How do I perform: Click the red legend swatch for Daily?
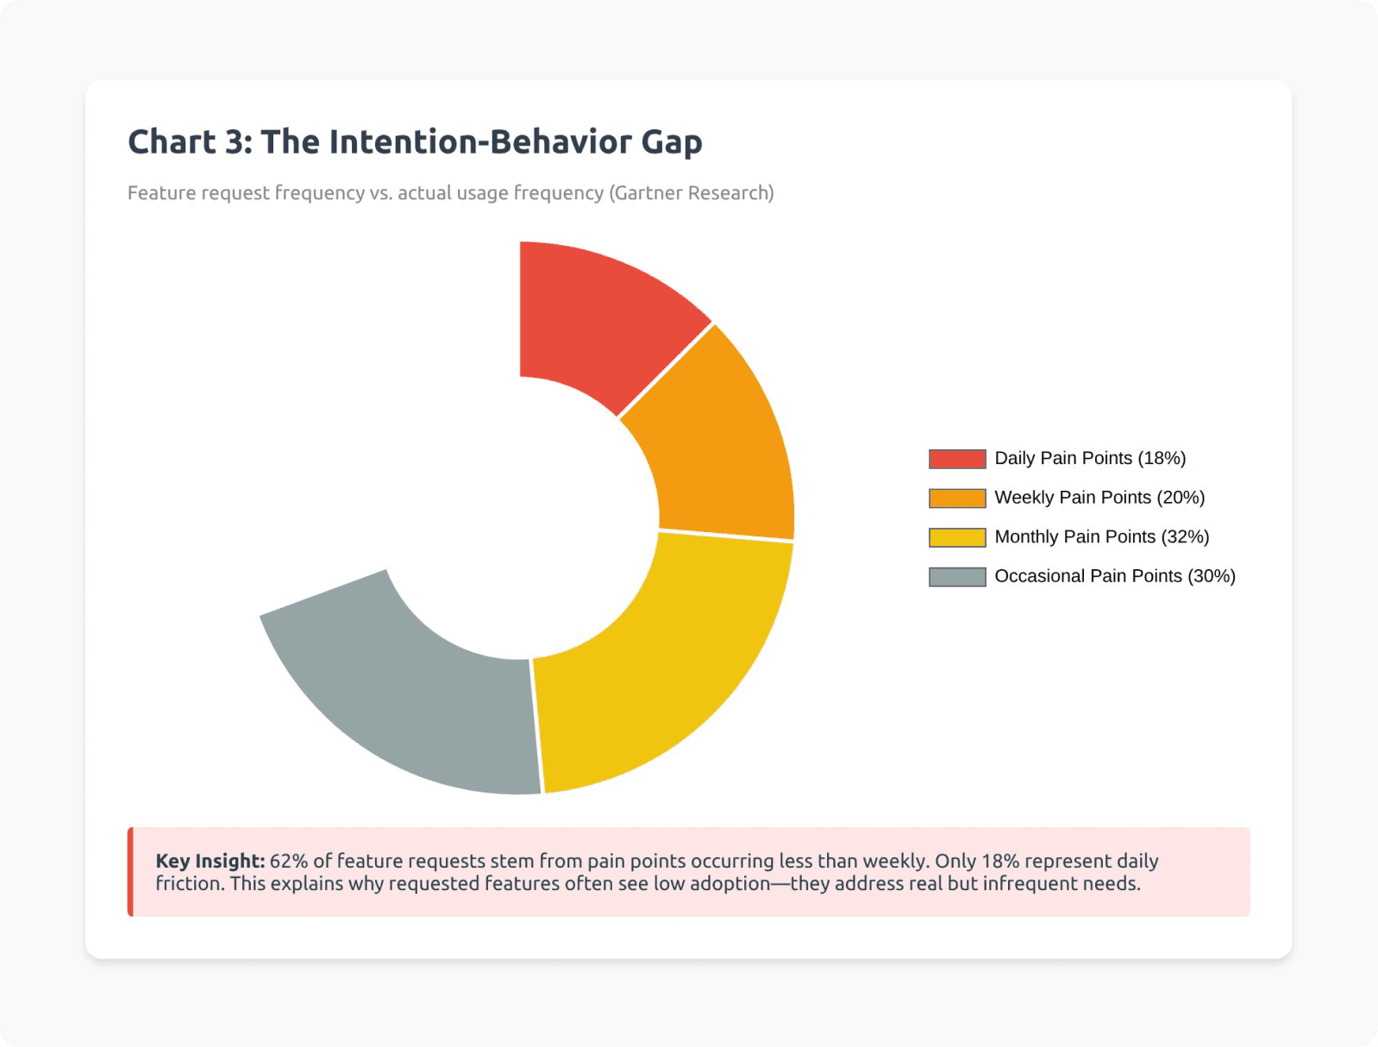957,459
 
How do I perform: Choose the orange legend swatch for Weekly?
957,498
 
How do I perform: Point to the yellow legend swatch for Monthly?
957,537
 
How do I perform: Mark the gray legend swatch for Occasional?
957,577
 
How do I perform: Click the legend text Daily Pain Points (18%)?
1090,458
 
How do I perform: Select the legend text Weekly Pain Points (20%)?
1099,498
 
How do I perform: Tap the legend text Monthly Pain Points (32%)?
1101,536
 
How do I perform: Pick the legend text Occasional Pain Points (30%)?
1115,576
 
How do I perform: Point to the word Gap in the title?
671,142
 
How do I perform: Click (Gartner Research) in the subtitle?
692,193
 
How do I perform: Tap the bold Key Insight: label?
210,861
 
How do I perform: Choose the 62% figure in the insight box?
288,861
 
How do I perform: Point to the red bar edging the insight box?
130,872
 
